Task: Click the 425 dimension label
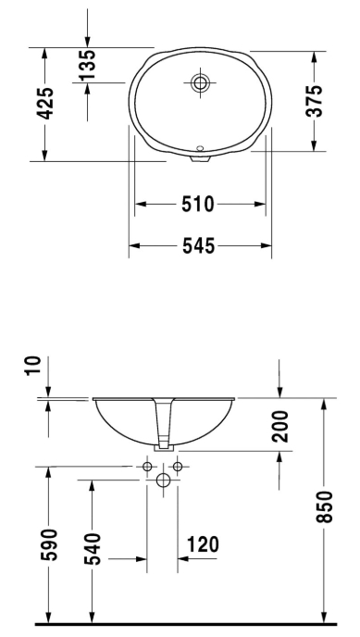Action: point(45,104)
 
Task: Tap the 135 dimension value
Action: point(87,64)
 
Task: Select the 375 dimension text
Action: point(314,101)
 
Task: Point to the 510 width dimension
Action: point(198,204)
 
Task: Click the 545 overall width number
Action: point(198,245)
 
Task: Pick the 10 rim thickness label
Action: point(33,366)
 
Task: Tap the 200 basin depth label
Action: point(280,426)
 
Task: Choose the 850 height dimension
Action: point(325,506)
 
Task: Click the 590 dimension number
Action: point(49,544)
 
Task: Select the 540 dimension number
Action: point(93,549)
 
